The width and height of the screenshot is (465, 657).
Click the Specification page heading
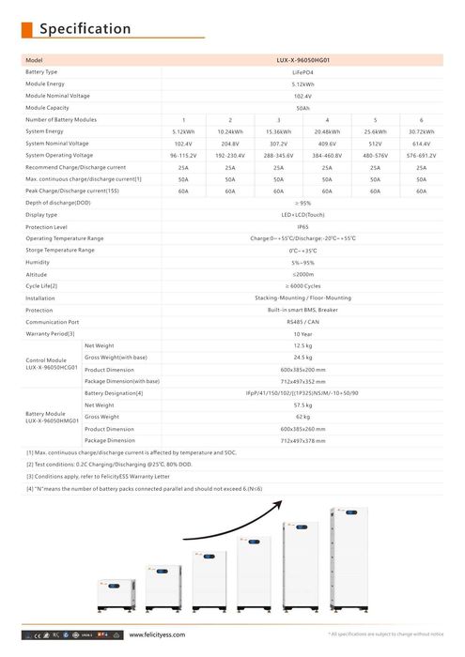pos(85,29)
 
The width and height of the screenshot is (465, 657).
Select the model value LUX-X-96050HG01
pos(302,60)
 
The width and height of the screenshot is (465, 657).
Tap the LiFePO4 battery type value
pos(302,71)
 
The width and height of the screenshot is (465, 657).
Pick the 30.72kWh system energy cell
pos(421,131)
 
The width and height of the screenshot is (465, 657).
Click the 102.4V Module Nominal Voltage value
pos(302,96)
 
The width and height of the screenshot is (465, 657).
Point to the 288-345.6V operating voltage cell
pos(279,155)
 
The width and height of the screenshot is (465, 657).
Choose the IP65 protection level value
pos(302,227)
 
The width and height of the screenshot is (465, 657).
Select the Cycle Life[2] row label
pos(41,285)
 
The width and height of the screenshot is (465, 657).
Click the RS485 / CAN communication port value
pos(302,321)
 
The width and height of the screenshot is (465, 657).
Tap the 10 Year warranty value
pos(302,333)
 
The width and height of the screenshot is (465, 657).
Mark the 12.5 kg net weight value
pos(302,345)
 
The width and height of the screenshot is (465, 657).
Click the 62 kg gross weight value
pos(302,417)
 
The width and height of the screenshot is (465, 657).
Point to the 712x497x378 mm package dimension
pos(302,440)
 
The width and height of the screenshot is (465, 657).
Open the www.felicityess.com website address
pos(156,635)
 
